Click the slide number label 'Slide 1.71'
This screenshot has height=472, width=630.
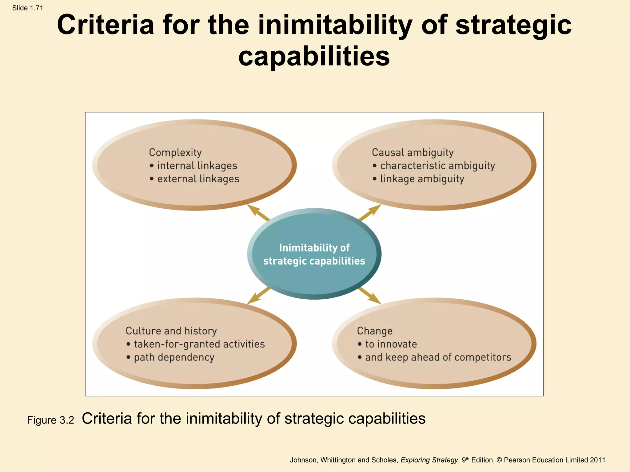click(x=28, y=8)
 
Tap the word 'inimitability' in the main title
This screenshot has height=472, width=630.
click(x=335, y=25)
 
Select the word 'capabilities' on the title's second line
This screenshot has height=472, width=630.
click(x=314, y=56)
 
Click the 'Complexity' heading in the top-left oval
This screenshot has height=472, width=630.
click(x=175, y=152)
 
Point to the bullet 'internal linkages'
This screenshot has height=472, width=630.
click(x=197, y=166)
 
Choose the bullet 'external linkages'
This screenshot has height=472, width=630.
click(x=198, y=179)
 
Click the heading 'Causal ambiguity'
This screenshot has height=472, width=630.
click(x=413, y=152)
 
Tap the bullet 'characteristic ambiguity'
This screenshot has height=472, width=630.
click(x=437, y=166)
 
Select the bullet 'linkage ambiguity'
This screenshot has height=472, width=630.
click(x=422, y=179)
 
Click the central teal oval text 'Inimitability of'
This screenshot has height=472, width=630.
click(x=314, y=248)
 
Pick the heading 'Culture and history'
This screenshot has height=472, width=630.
click(x=171, y=331)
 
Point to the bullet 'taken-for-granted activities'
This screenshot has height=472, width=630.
click(x=199, y=344)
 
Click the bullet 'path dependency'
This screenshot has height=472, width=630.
click(x=174, y=357)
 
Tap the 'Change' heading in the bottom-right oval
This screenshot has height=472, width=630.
click(x=375, y=331)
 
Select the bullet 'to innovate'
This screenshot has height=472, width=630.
click(x=391, y=344)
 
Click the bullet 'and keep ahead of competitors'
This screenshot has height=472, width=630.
click(x=438, y=357)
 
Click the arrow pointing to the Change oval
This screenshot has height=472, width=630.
click(x=370, y=296)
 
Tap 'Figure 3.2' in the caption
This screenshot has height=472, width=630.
click(x=50, y=420)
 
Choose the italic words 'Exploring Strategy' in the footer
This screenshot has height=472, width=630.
click(x=429, y=460)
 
